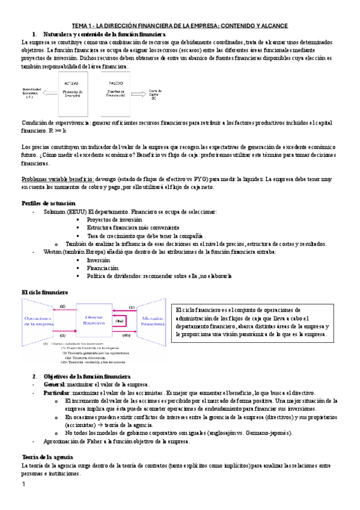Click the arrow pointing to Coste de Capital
click(x=142, y=94)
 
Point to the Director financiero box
click(x=95, y=319)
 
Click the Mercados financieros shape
click(x=153, y=320)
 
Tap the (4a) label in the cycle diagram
click(x=120, y=321)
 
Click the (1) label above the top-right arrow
click(x=132, y=307)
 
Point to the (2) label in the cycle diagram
click(x=62, y=307)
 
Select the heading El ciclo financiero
click(x=44, y=292)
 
